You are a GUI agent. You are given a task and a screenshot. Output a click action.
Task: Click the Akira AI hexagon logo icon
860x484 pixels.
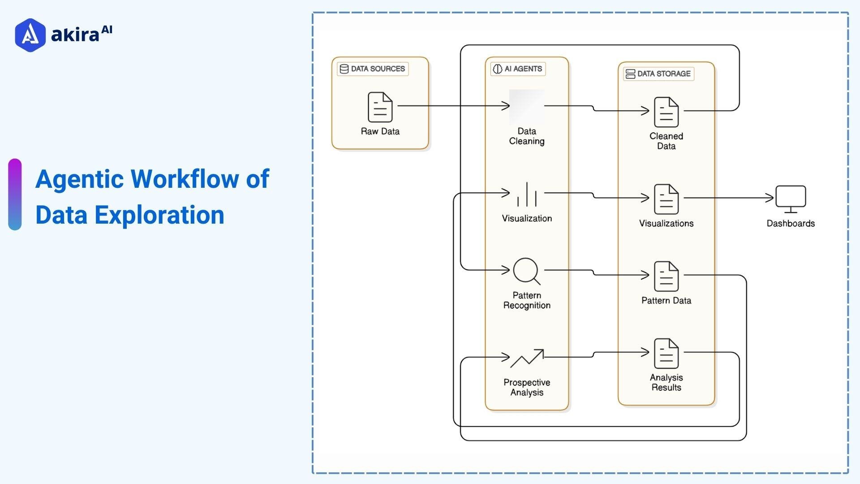30,35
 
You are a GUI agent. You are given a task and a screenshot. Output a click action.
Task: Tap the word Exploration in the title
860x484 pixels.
159,215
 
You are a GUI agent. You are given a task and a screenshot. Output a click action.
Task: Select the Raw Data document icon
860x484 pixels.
380,107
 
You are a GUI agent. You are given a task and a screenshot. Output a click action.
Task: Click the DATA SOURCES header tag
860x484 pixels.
373,69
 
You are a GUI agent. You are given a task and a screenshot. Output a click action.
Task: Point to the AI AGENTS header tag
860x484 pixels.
518,69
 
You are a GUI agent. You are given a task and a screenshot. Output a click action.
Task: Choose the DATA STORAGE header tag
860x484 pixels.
658,73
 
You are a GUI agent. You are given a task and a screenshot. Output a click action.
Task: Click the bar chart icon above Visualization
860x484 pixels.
527,195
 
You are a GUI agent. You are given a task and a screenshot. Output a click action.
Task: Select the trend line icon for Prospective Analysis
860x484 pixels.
527,358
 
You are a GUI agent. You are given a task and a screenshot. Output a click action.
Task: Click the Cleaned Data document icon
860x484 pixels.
666,112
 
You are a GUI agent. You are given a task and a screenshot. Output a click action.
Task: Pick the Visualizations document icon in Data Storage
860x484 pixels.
666,199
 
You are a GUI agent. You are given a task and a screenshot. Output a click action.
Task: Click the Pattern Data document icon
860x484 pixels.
666,276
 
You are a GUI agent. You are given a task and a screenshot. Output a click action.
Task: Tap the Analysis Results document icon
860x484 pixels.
666,353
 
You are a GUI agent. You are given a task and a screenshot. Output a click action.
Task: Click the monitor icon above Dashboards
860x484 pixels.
791,199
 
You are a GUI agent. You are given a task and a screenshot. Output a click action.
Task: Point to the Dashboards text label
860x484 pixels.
791,223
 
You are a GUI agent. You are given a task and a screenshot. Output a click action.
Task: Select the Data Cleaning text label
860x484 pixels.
527,136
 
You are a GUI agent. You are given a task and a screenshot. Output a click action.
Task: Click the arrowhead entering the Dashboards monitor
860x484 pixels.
770,198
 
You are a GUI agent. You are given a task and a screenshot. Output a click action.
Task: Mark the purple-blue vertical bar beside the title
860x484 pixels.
15,194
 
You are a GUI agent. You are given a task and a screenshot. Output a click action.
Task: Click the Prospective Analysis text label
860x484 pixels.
527,387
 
